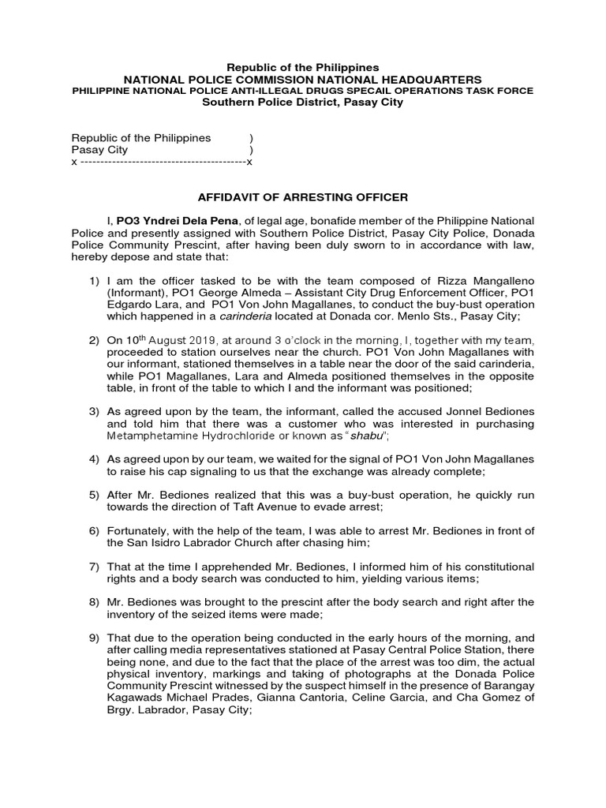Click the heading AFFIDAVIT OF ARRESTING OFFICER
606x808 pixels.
click(302, 196)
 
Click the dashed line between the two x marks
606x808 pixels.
click(163, 162)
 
